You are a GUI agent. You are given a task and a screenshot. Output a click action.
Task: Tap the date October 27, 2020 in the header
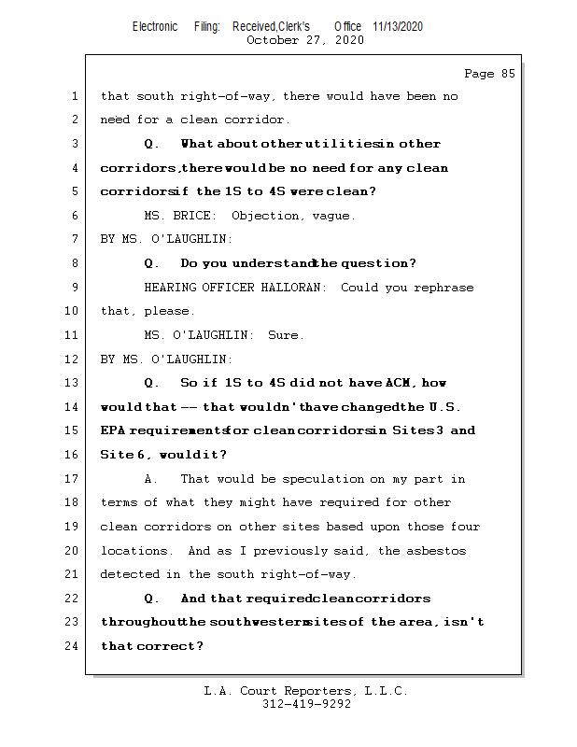[304, 40]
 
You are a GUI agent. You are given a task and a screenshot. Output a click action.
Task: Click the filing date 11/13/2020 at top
[397, 26]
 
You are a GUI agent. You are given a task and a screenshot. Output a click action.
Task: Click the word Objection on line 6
[266, 216]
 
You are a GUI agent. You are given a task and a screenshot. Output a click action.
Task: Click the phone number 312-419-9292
[306, 704]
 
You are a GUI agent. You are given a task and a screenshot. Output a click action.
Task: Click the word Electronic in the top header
[155, 26]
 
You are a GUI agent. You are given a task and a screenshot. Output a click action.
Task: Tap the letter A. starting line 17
[151, 479]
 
